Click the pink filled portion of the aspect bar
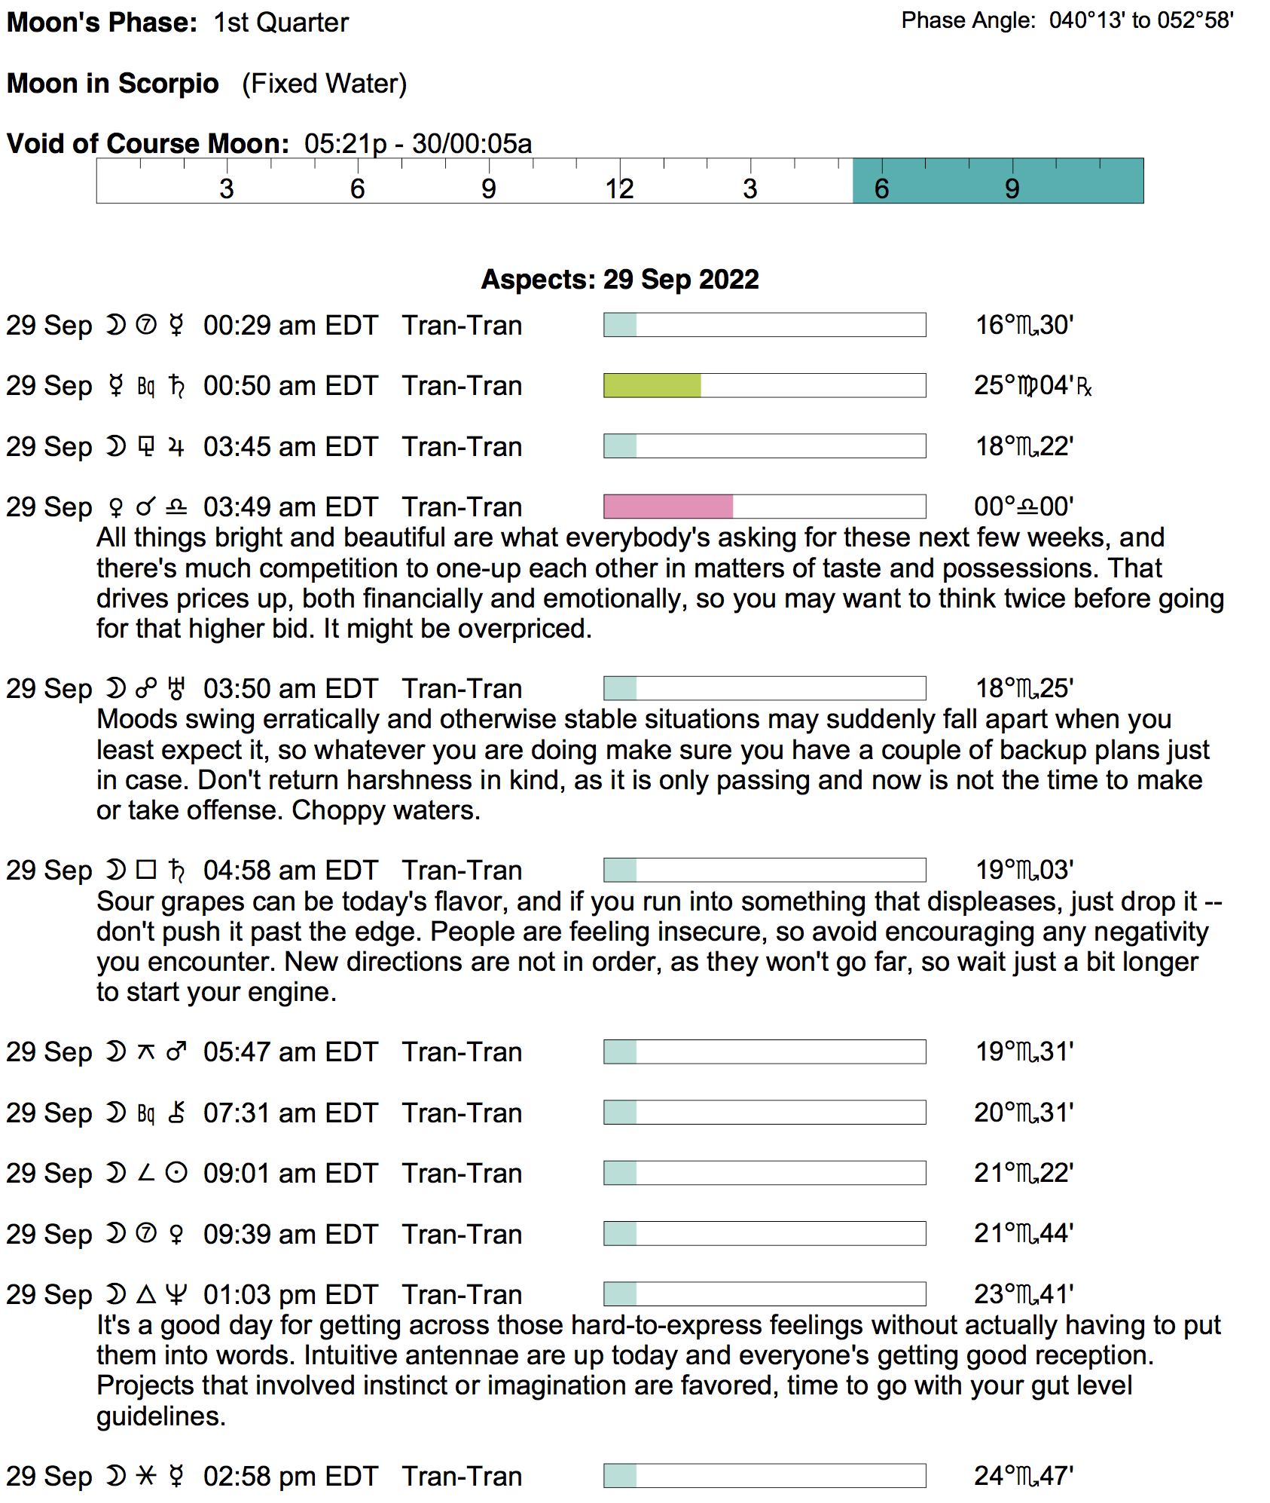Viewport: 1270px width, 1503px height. click(667, 507)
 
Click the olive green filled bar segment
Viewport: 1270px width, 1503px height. click(652, 385)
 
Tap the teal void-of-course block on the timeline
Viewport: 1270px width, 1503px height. click(997, 181)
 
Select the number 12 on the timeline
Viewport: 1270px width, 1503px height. click(619, 188)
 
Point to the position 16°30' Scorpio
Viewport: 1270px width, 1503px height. click(1024, 326)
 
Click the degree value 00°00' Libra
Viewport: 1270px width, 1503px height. click(1024, 507)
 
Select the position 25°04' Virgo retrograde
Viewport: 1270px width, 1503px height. click(1032, 386)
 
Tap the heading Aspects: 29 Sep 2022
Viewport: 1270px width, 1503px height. click(619, 280)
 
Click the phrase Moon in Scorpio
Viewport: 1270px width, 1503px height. click(113, 84)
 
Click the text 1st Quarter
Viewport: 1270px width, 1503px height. click(280, 23)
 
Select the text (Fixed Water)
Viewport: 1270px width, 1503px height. click(324, 84)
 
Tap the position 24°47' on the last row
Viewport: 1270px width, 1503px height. click(1024, 1476)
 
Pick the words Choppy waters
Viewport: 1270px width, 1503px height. click(386, 810)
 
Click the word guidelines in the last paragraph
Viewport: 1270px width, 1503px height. click(160, 1416)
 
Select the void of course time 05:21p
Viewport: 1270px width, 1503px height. click(345, 144)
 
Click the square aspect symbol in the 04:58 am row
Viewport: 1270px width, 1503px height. click(146, 870)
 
